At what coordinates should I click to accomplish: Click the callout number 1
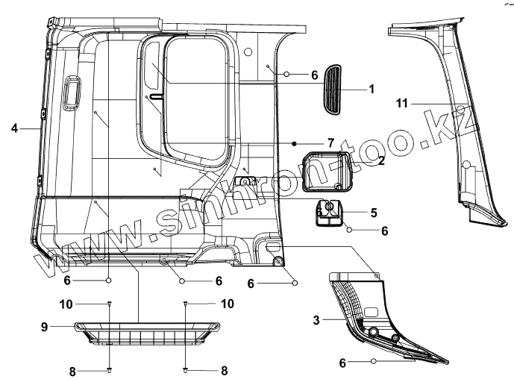click(x=371, y=88)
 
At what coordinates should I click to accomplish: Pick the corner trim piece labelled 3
click(x=373, y=317)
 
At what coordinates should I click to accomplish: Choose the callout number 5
click(x=373, y=212)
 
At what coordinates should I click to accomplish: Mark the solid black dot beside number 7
click(x=295, y=143)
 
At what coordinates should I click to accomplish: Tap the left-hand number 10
click(x=86, y=304)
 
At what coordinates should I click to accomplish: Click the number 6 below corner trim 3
click(x=343, y=363)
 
